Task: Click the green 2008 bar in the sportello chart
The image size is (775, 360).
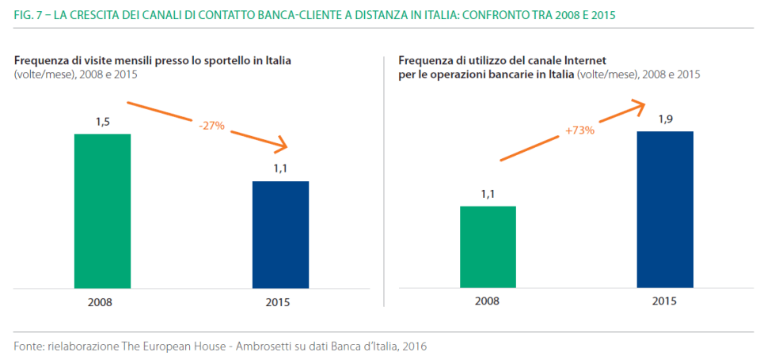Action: [x=102, y=210]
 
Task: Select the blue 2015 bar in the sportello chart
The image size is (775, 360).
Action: [x=280, y=234]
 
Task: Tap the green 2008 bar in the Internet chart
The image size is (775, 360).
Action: [x=488, y=247]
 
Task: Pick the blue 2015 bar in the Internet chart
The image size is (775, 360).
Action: [x=665, y=209]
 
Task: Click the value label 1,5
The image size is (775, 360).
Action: [x=102, y=122]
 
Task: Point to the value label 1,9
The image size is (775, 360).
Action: [x=665, y=119]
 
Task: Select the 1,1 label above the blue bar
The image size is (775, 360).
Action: [x=280, y=169]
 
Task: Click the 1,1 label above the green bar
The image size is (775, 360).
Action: [x=488, y=194]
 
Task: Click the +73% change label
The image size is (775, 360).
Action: [x=579, y=130]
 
